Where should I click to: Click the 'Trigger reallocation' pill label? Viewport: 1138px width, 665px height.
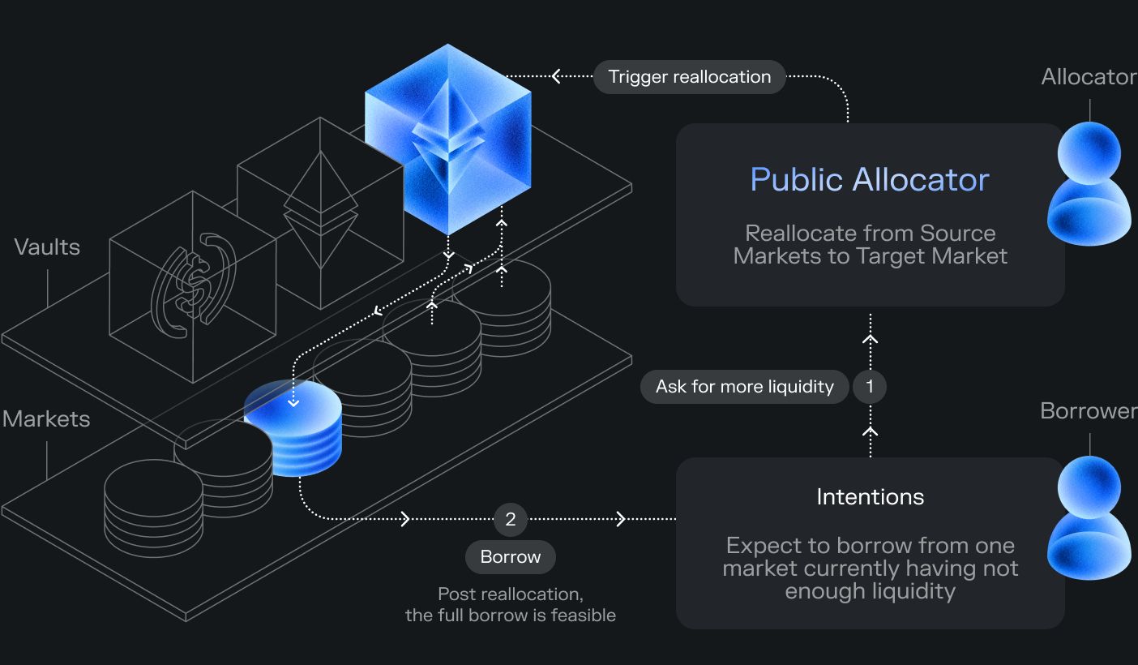689,77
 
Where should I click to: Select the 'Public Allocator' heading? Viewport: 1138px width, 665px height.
869,179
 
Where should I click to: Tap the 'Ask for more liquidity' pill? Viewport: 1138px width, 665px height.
744,387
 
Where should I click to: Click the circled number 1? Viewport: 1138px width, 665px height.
870,387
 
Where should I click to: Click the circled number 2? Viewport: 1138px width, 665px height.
510,519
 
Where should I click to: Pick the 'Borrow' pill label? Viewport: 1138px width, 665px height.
510,557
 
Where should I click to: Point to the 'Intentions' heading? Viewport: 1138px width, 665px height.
870,496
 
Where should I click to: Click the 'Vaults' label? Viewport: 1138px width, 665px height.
47,247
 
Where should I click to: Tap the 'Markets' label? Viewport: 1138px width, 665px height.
46,419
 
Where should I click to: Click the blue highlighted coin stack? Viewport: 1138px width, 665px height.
294,430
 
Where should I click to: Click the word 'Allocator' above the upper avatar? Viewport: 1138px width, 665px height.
1089,77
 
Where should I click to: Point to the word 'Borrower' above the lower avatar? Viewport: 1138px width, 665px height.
1089,411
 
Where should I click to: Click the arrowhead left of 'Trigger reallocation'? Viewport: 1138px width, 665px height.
557,76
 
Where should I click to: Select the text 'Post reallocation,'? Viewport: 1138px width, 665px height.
510,594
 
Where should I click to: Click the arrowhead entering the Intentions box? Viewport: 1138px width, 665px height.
622,519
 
